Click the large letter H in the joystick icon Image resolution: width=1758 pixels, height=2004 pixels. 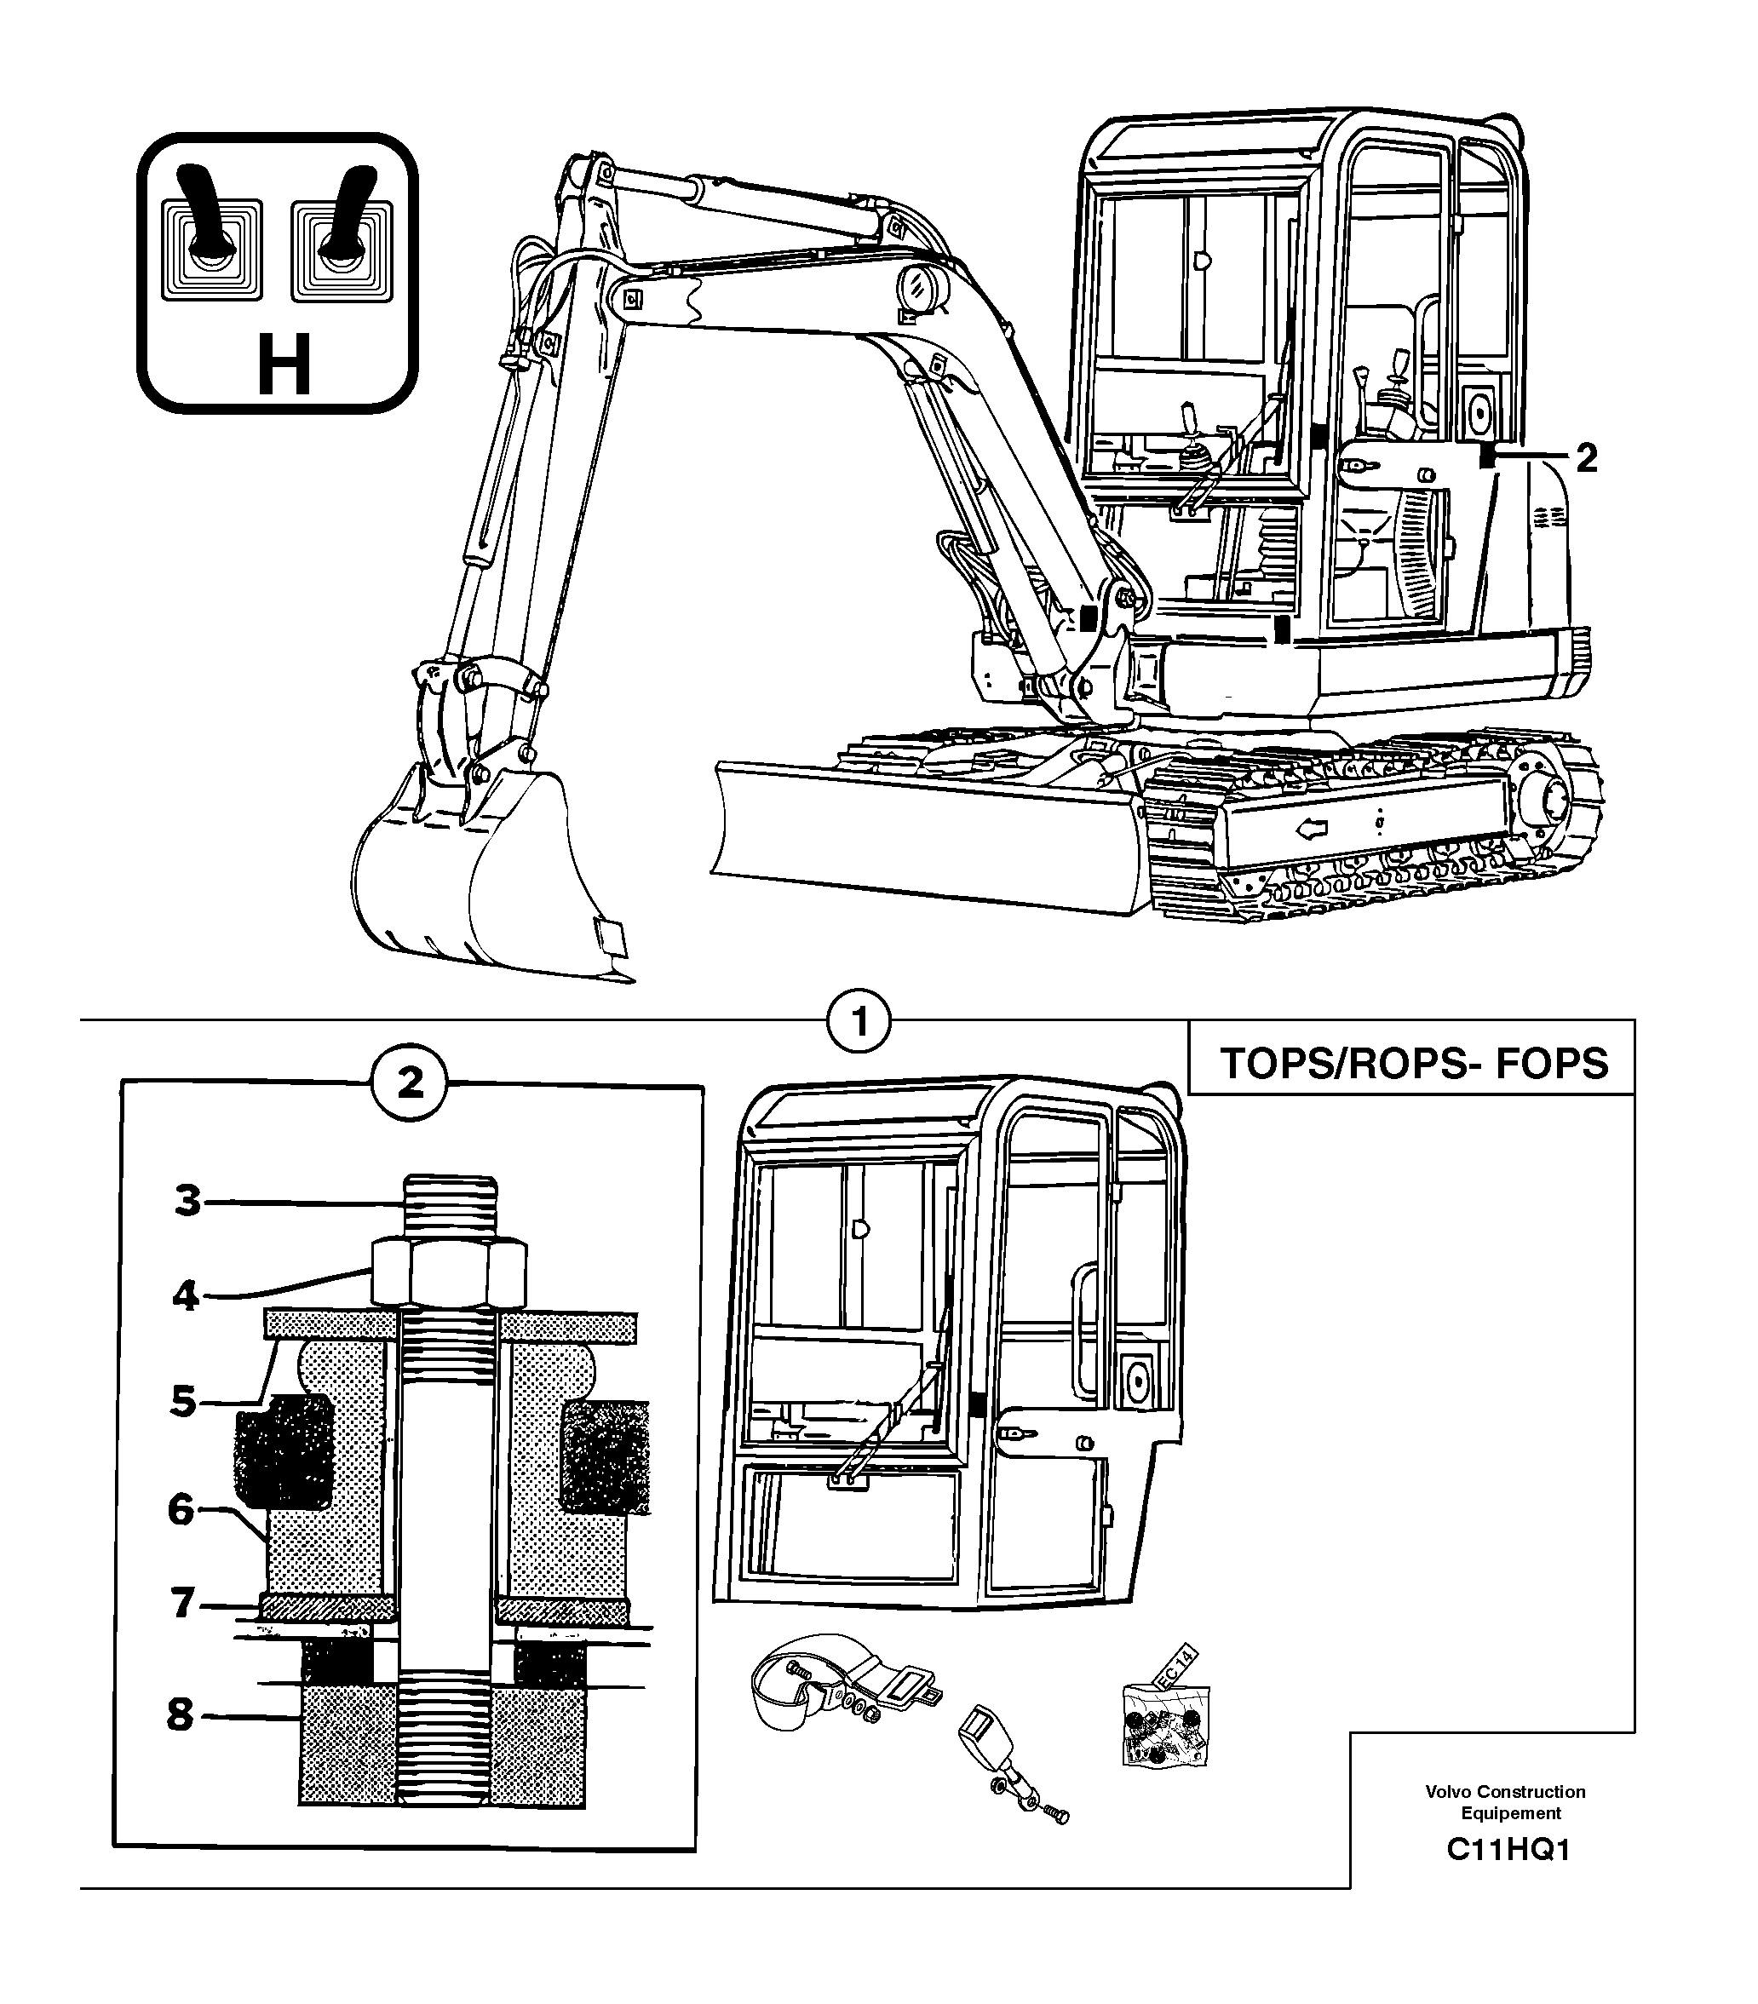click(284, 365)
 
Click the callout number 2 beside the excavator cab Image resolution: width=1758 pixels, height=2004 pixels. click(1587, 458)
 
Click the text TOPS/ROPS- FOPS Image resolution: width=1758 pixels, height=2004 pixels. click(1413, 1063)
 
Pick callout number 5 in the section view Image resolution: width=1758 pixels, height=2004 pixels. click(183, 1402)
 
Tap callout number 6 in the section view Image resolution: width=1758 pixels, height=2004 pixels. click(181, 1510)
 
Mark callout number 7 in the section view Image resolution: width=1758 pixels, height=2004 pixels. click(181, 1604)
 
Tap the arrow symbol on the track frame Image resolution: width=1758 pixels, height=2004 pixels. click(1312, 830)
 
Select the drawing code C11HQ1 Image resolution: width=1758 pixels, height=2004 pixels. click(1508, 1850)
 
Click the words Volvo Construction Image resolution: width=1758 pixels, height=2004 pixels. click(1504, 1791)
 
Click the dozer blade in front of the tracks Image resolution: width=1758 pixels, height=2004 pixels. click(922, 833)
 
